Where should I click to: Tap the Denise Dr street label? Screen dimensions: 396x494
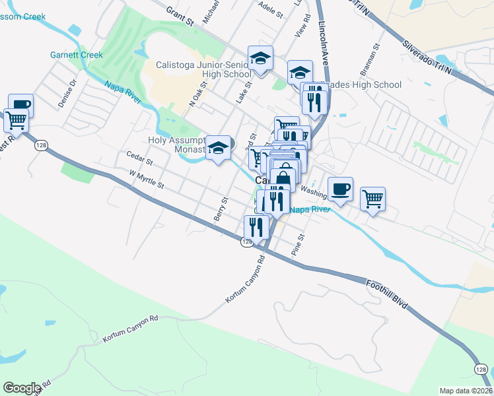[67, 93]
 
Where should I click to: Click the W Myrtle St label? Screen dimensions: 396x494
[147, 180]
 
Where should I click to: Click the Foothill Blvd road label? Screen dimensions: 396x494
[386, 295]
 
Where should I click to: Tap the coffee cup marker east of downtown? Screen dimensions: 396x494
[340, 189]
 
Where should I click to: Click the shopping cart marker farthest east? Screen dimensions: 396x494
[372, 199]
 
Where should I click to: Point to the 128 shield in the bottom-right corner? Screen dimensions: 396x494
[483, 369]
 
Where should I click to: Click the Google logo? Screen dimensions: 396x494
[22, 388]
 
